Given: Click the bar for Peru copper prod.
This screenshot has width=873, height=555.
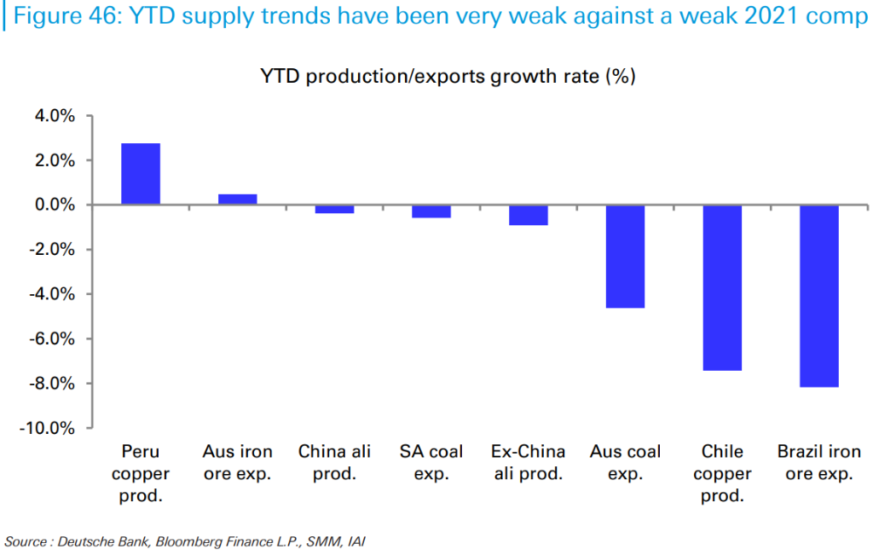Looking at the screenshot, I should point(141,174).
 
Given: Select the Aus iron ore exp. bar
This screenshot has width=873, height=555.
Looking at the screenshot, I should point(237,199).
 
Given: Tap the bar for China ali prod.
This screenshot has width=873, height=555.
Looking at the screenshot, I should point(334,209).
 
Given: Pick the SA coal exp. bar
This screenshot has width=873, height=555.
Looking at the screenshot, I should point(431,211).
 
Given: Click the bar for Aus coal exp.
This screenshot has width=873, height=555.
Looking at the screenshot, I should point(625,256).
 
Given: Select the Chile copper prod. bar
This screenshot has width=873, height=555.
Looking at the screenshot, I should point(722,287).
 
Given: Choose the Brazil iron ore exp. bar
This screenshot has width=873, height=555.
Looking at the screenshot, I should point(819,296).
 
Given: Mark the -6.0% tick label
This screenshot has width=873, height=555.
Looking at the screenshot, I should point(53,338).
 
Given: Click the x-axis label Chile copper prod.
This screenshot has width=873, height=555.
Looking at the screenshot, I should point(722,473).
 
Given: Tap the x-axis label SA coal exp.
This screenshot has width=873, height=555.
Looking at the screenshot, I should point(431,462).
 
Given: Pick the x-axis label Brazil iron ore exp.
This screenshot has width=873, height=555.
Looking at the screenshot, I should point(819,462).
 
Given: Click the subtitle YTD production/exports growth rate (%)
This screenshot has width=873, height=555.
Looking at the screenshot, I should point(448,77).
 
